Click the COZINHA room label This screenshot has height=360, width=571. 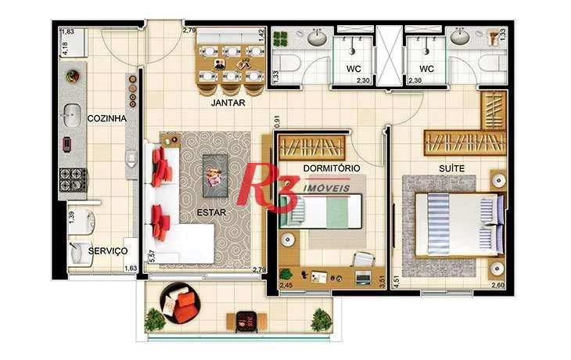click(106, 118)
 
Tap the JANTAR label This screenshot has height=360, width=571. click(228, 103)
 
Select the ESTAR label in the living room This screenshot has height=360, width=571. click(211, 212)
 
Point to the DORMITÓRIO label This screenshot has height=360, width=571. click(332, 168)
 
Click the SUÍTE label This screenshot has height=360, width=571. click(451, 168)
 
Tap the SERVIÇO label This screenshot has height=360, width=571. click(108, 250)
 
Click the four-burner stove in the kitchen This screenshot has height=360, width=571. click(73, 180)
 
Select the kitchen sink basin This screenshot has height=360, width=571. click(72, 116)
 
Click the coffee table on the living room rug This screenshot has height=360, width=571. click(215, 176)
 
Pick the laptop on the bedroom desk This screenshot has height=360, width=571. click(363, 278)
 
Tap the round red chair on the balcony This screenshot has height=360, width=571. click(181, 304)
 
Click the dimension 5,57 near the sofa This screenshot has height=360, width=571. click(153, 256)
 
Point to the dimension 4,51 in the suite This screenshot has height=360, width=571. click(397, 282)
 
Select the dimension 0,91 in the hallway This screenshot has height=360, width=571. click(277, 122)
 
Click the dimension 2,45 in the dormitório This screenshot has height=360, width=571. click(285, 286)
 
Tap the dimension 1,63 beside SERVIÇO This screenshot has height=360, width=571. click(131, 268)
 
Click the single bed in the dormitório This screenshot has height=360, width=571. click(321, 211)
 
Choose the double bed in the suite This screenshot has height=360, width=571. click(460, 224)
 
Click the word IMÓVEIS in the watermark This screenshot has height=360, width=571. click(326, 189)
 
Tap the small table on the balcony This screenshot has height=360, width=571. click(246, 321)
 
